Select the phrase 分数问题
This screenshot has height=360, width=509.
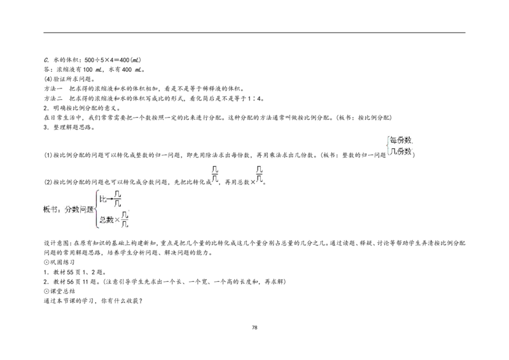click(78, 209)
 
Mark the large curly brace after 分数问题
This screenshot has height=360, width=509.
click(96, 209)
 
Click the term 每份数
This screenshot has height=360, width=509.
click(401, 140)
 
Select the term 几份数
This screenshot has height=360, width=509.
click(401, 151)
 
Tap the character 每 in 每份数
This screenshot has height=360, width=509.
click(393, 140)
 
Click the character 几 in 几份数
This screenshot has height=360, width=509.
click(393, 151)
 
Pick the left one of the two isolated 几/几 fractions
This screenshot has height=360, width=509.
click(214, 174)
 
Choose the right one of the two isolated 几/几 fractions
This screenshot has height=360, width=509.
click(259, 174)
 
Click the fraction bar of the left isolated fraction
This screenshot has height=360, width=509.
click(214, 174)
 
